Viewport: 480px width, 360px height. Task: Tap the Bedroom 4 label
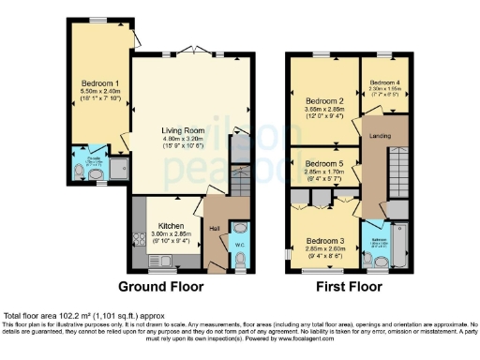pyautogui.click(x=385, y=82)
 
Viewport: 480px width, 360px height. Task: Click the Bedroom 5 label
pyautogui.click(x=324, y=163)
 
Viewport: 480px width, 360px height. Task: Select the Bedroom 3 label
pyautogui.click(x=324, y=240)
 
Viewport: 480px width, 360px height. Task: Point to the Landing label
pyautogui.click(x=380, y=139)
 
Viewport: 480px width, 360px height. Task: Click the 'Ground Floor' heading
pyautogui.click(x=155, y=285)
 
